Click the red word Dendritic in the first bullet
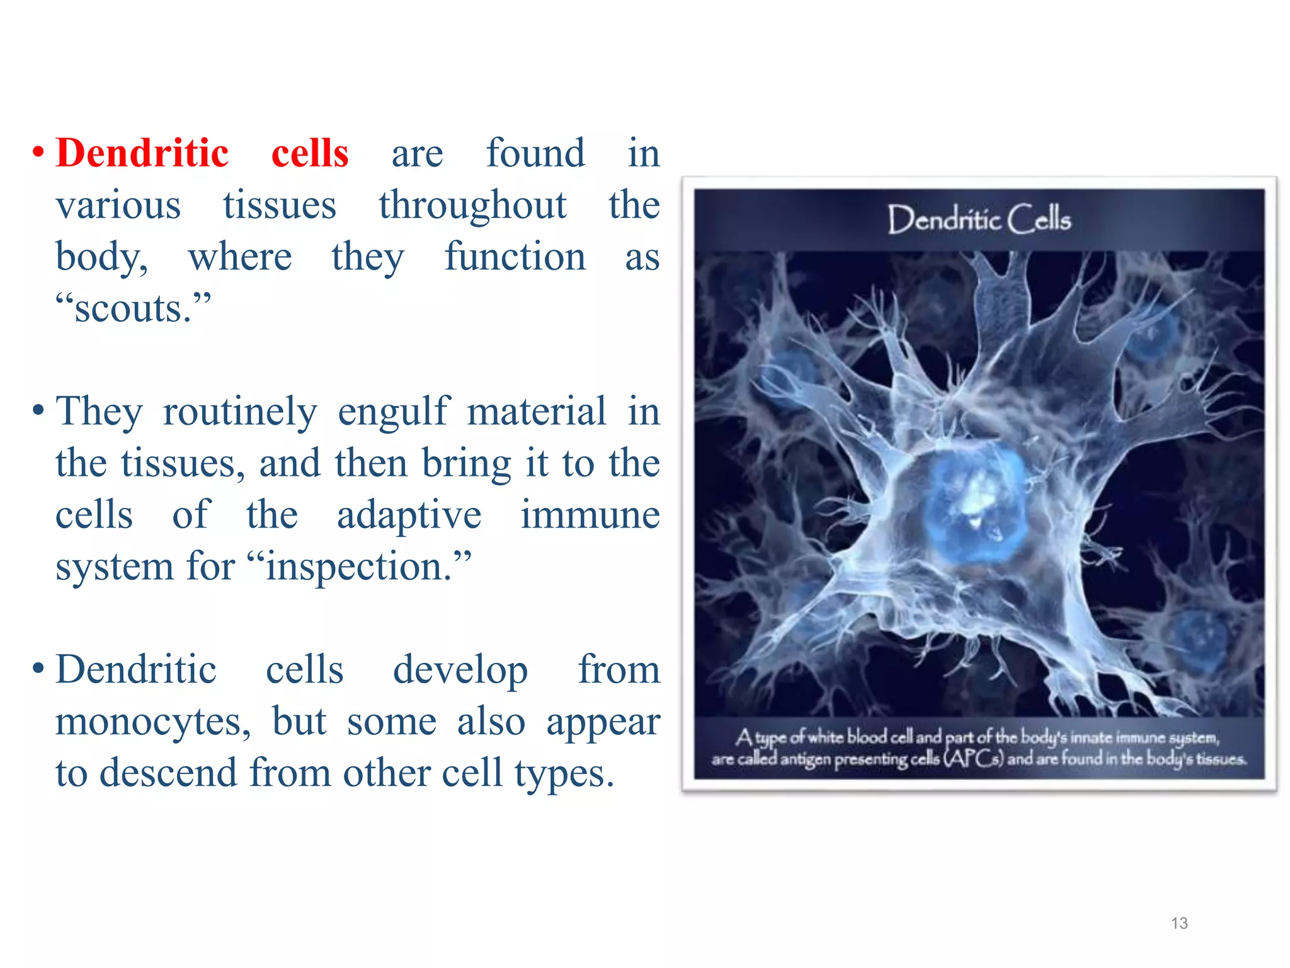pyautogui.click(x=142, y=153)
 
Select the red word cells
pyautogui.click(x=310, y=153)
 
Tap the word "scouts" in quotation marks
pyautogui.click(x=133, y=309)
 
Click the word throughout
pyautogui.click(x=472, y=205)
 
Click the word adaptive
pyautogui.click(x=409, y=516)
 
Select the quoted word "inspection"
pyautogui.click(x=358, y=567)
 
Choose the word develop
pyautogui.click(x=460, y=671)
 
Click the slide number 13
pyautogui.click(x=1179, y=923)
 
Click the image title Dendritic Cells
pyautogui.click(x=979, y=219)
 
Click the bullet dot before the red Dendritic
pyautogui.click(x=38, y=153)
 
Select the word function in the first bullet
pyautogui.click(x=515, y=257)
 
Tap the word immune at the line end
pyautogui.click(x=590, y=516)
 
